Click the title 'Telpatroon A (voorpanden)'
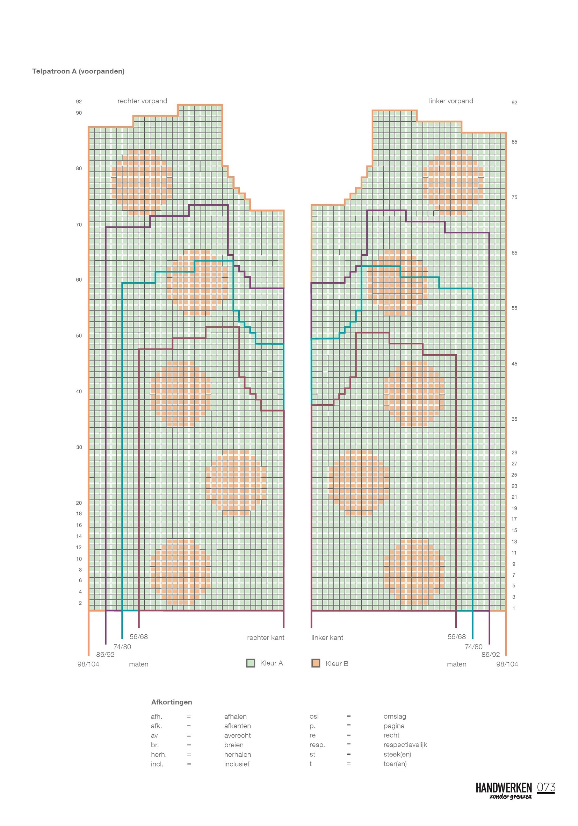pos(78,71)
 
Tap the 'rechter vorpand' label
pos(142,101)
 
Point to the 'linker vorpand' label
pos(451,101)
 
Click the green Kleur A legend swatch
pos(251,663)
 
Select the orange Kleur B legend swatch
pos(316,663)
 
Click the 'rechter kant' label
pos(266,638)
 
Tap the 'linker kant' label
pos(327,638)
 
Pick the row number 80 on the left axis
pos(79,168)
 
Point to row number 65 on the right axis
pos(514,253)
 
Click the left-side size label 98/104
pos(88,664)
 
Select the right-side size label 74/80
pos(474,647)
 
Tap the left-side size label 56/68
pos(139,637)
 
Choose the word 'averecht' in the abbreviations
pos(238,736)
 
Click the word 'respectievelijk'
pos(405,745)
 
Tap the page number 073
pos(546,787)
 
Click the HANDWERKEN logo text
pos(504,788)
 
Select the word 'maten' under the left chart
pos(139,664)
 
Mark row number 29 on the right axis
pos(514,453)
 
